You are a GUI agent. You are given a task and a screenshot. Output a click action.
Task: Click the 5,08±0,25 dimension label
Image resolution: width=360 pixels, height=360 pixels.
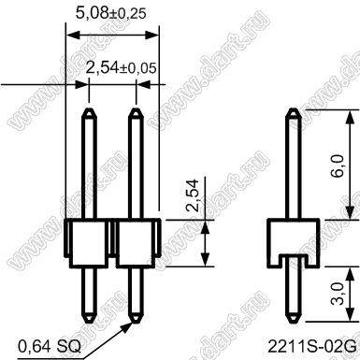point(111,13)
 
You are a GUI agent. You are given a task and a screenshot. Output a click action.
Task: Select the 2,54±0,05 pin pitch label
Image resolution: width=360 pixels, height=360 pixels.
point(121,67)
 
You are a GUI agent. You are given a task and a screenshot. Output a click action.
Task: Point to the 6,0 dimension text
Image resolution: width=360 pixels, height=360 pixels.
point(338,166)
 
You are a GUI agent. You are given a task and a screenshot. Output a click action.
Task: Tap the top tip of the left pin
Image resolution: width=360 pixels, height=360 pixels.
point(89,108)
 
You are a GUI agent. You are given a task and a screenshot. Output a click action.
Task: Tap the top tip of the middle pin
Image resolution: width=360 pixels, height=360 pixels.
point(136,108)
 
